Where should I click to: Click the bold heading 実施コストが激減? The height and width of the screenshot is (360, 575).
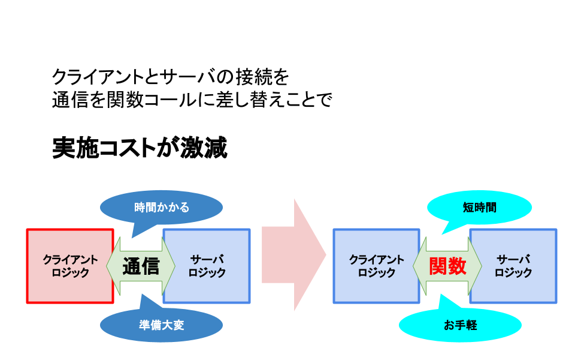[x=140, y=148]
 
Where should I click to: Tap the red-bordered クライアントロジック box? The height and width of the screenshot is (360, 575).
[x=70, y=266]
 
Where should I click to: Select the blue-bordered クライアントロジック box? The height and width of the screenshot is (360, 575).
[x=376, y=266]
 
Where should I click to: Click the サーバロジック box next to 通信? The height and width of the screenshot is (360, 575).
[x=207, y=266]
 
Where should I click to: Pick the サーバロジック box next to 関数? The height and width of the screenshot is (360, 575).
[x=513, y=266]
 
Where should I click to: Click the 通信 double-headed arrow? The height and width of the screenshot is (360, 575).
[x=141, y=266]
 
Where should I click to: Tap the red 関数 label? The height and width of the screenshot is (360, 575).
[x=447, y=266]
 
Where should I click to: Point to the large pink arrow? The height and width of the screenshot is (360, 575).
[x=293, y=255]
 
